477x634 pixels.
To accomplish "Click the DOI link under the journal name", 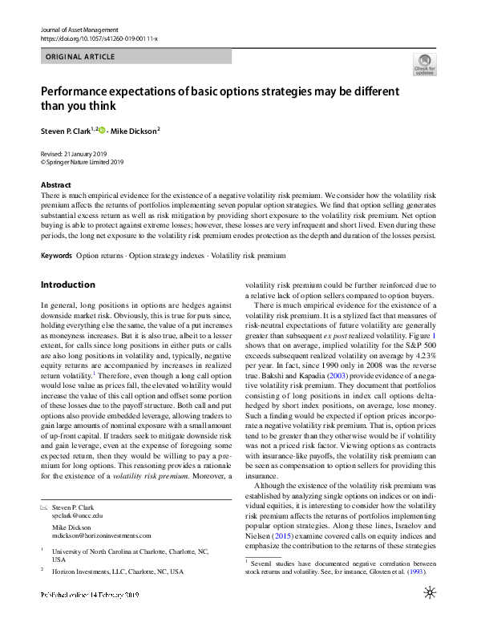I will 99,38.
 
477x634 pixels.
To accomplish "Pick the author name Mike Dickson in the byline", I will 134,129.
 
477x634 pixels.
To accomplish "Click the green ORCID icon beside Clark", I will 102,128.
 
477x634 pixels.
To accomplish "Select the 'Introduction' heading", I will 67,285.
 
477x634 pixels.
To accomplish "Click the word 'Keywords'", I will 56,255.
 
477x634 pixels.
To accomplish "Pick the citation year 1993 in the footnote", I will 414,572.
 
